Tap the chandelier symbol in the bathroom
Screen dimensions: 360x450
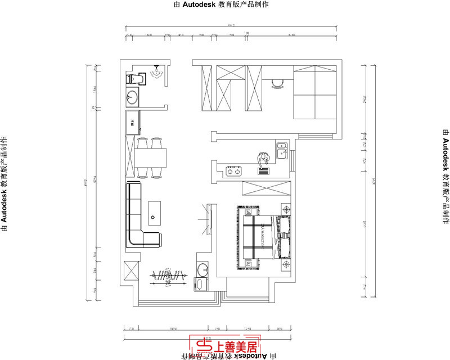pos(157,71)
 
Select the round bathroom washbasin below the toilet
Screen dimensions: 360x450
pos(133,98)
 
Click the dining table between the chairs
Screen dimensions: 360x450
pos(151,157)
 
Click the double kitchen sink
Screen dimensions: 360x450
pos(282,150)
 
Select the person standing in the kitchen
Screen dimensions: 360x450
pos(263,160)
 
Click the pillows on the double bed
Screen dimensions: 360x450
pos(282,236)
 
